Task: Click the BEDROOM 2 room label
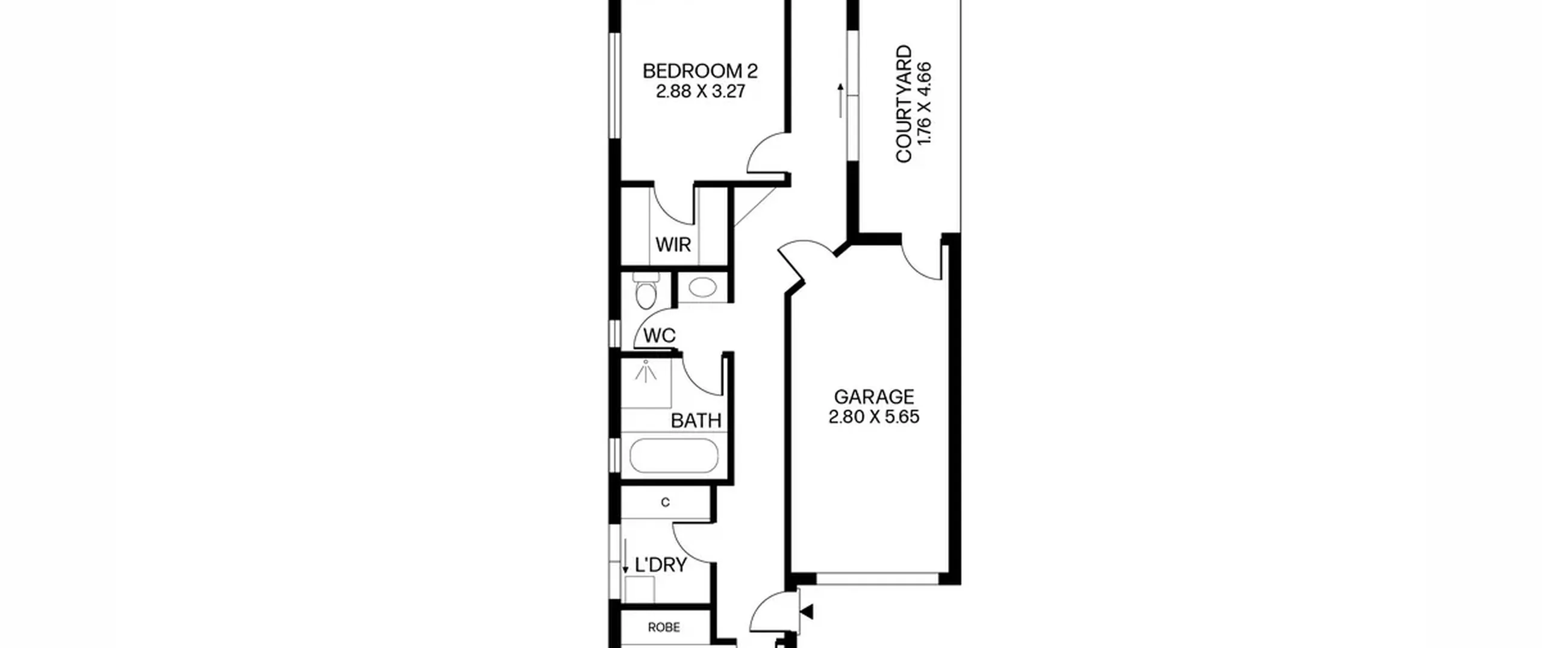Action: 700,71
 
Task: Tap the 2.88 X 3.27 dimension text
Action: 701,92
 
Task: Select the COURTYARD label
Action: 904,104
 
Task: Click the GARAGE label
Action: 874,397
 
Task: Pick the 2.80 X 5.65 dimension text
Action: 874,417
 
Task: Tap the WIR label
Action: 673,245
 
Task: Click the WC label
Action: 660,336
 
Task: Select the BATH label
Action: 696,421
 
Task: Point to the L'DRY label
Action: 661,565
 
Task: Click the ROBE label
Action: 664,628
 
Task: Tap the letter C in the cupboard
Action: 665,503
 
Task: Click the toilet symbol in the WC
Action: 646,290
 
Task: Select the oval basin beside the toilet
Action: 702,287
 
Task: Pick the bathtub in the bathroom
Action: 674,456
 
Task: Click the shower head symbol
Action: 646,371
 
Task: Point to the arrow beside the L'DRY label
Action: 625,556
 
